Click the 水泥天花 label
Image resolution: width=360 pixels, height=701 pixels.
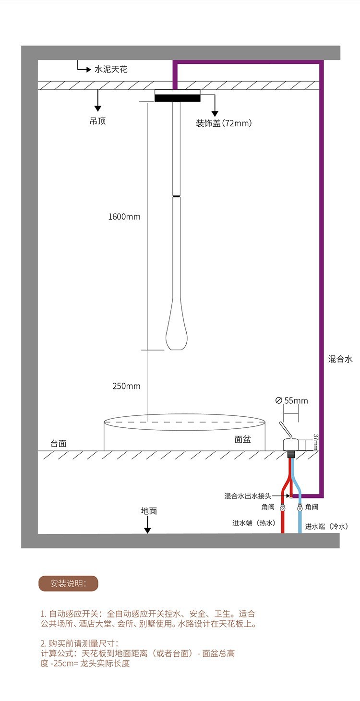click(111, 70)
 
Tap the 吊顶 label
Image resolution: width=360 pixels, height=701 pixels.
click(98, 121)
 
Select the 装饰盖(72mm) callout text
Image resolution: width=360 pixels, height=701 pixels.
click(224, 123)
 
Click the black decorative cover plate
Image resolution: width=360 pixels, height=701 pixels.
click(177, 97)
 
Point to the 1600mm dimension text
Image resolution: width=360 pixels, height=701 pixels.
click(124, 217)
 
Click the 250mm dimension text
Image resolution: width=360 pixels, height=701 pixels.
click(126, 386)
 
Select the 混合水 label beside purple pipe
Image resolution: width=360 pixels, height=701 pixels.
click(340, 359)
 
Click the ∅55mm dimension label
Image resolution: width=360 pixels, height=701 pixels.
click(292, 400)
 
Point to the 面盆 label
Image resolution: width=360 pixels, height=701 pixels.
click(242, 439)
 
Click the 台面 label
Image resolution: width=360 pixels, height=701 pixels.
click(59, 443)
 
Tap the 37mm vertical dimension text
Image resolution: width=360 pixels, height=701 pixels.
click(315, 442)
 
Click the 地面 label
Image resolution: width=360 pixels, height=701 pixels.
click(149, 511)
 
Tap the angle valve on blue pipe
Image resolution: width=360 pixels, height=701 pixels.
click(300, 508)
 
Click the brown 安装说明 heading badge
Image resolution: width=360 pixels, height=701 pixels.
click(68, 583)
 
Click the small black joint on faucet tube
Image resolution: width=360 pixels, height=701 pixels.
click(177, 196)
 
